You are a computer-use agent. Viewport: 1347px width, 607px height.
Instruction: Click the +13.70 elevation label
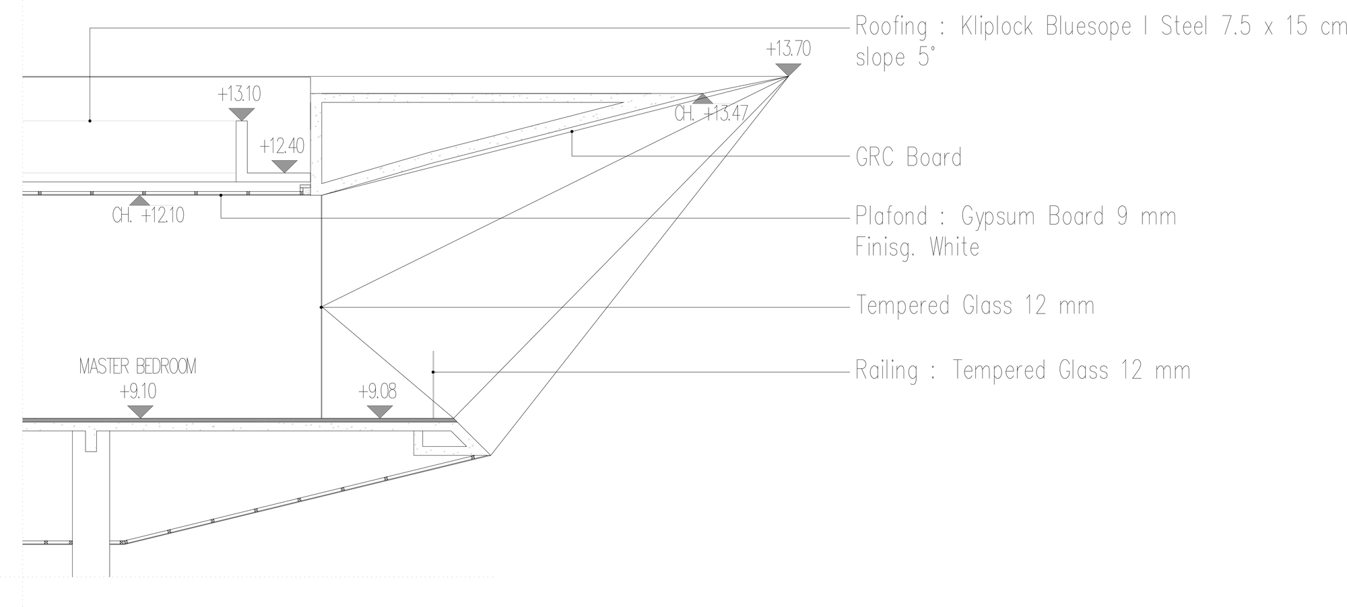(788, 49)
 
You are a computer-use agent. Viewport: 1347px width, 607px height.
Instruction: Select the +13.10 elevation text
(239, 94)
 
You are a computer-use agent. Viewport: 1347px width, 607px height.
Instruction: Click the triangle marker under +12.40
(284, 166)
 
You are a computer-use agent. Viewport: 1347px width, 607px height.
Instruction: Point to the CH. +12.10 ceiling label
(148, 216)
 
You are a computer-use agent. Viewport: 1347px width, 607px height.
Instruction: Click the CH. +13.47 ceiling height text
(711, 114)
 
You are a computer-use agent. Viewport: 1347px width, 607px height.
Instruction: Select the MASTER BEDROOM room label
(138, 367)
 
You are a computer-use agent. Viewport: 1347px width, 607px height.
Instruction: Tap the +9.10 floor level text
(138, 392)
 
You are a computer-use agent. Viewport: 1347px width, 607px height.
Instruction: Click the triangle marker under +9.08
(379, 411)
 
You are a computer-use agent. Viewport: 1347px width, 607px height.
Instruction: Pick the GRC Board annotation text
(909, 157)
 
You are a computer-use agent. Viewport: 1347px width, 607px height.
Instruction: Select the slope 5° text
(895, 57)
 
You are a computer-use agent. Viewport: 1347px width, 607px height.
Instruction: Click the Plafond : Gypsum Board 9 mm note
(1016, 217)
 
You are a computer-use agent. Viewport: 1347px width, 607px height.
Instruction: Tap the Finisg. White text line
(917, 247)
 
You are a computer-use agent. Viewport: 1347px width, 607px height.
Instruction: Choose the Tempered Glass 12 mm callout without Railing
(975, 306)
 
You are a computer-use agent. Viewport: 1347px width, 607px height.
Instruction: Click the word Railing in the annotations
(886, 371)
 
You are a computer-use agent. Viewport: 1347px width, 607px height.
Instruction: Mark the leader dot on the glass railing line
(433, 371)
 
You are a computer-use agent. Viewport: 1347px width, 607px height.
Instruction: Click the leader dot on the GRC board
(572, 131)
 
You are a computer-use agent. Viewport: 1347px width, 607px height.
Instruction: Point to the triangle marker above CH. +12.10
(139, 200)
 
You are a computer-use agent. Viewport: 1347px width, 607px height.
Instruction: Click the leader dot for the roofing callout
(90, 121)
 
